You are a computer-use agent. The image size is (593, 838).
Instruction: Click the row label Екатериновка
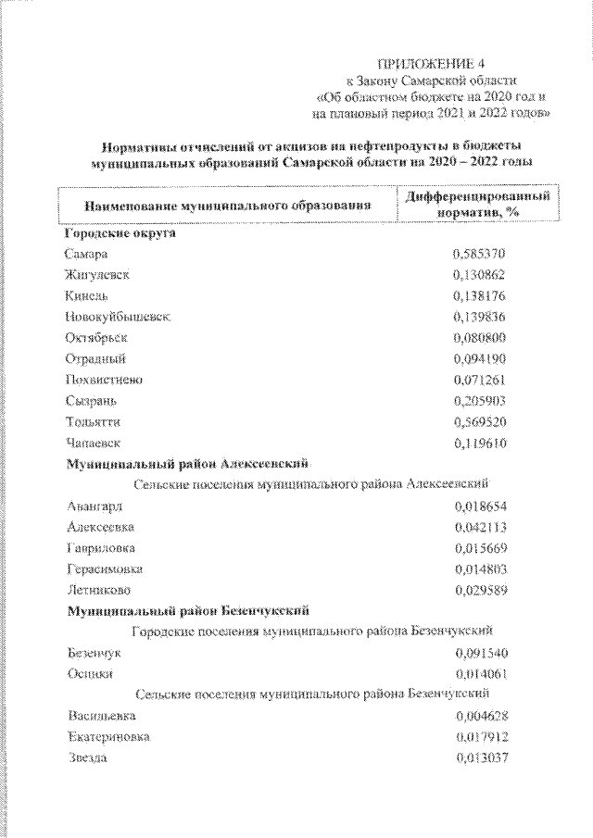click(x=108, y=737)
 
